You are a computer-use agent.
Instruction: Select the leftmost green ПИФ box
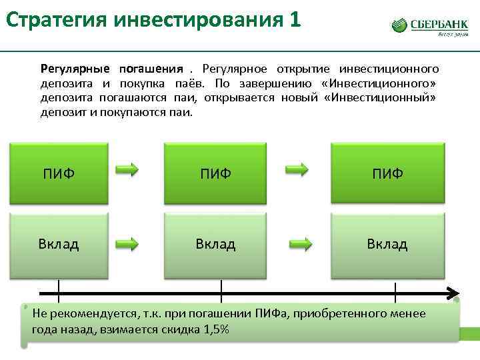pyautogui.click(x=58, y=173)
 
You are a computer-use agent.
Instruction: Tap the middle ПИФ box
pyautogui.click(x=215, y=173)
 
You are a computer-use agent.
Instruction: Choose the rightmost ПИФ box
pyautogui.click(x=387, y=173)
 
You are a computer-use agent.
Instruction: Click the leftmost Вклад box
pyautogui.click(x=58, y=244)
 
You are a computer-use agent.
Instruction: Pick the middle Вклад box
pyautogui.click(x=215, y=244)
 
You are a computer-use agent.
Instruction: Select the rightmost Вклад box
pyautogui.click(x=387, y=244)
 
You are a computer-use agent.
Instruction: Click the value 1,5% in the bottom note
pyautogui.click(x=215, y=329)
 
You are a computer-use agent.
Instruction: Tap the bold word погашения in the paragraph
pyautogui.click(x=151, y=69)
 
